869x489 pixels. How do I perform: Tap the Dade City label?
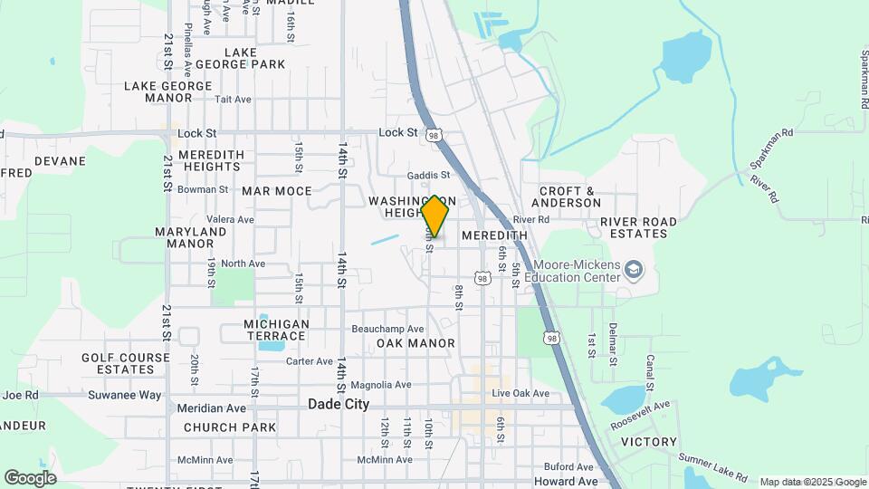[339, 404]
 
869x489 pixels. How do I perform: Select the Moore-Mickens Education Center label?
[576, 272]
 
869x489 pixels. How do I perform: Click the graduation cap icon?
[635, 270]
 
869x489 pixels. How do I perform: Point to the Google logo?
[30, 477]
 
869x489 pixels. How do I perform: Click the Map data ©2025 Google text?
[812, 482]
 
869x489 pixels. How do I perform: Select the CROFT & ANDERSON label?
[569, 197]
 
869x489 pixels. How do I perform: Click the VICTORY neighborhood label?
[648, 442]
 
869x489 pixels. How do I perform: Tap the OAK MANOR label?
[415, 343]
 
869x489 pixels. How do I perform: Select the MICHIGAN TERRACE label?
[276, 331]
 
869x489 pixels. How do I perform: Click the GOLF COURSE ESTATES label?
[125, 363]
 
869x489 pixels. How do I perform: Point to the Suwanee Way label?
[124, 395]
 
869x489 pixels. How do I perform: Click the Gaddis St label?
[428, 175]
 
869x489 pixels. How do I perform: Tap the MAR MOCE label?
[276, 191]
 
